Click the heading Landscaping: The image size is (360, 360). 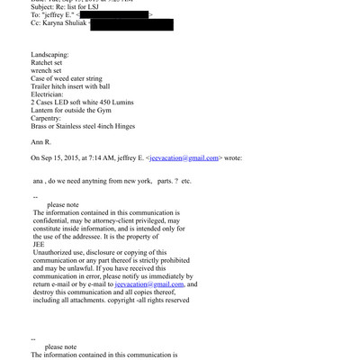click(55, 55)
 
